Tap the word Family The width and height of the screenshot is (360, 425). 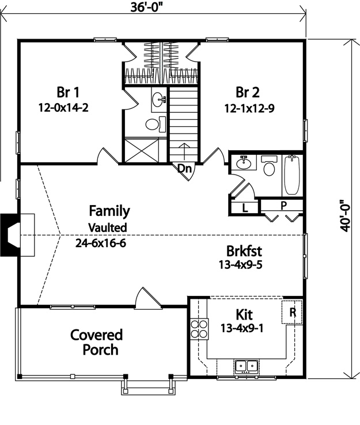pyautogui.click(x=109, y=211)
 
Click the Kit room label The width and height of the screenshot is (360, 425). pyautogui.click(x=244, y=314)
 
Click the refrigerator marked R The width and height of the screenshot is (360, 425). pyautogui.click(x=292, y=313)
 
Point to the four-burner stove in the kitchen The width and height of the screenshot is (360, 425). pyautogui.click(x=199, y=328)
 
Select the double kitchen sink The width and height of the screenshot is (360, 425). pyautogui.click(x=247, y=365)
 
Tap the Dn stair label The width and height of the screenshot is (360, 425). pyautogui.click(x=184, y=169)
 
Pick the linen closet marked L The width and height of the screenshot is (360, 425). pyautogui.click(x=245, y=208)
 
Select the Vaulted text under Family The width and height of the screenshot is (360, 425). pyautogui.click(x=108, y=227)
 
